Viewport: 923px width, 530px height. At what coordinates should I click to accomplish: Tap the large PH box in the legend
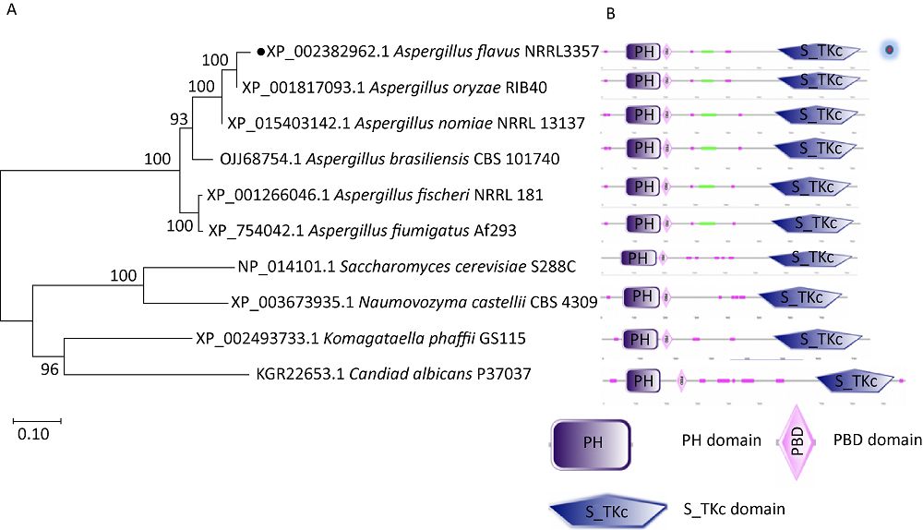[x=591, y=442]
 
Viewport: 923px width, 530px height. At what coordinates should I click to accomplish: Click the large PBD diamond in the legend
[x=797, y=441]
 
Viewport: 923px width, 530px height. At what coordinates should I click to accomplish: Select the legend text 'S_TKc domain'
[x=734, y=508]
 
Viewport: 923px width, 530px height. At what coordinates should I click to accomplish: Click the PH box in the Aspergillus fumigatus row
[x=642, y=223]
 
